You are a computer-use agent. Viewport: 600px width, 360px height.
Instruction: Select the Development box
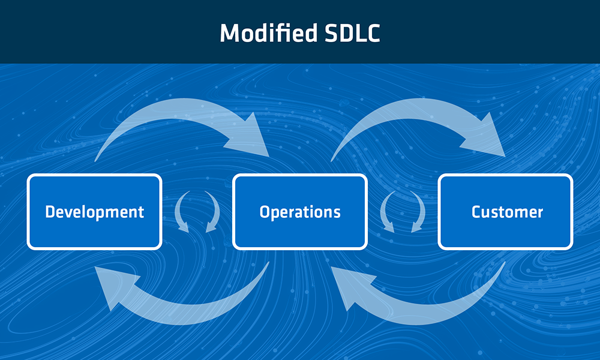(x=94, y=212)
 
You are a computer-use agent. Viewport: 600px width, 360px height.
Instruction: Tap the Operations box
(x=300, y=212)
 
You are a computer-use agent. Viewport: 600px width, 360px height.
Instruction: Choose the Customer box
(x=506, y=212)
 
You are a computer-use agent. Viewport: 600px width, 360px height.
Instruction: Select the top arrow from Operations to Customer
(x=408, y=114)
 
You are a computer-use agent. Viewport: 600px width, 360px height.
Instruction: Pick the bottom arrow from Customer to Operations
(x=432, y=306)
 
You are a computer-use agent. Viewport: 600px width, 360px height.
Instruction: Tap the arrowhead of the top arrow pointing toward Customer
(x=489, y=138)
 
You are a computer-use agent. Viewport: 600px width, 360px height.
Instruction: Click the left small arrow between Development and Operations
(x=181, y=212)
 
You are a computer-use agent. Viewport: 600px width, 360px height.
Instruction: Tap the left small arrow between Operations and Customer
(x=387, y=212)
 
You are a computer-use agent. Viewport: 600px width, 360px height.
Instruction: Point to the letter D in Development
(x=50, y=212)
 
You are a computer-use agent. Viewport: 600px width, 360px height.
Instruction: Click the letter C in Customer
(x=476, y=212)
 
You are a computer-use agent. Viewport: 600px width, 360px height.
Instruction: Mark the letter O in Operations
(x=265, y=212)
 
